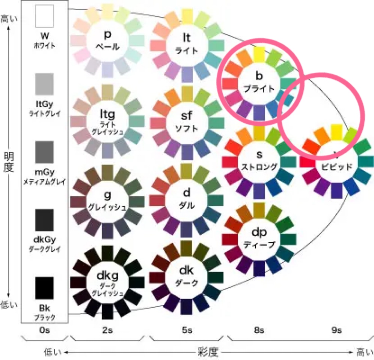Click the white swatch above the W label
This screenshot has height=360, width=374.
pyautogui.click(x=45, y=16)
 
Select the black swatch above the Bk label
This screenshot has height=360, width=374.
pyautogui.click(x=45, y=288)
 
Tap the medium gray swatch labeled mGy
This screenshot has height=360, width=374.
pyautogui.click(x=45, y=153)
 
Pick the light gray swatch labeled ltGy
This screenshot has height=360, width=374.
pyautogui.click(x=45, y=84)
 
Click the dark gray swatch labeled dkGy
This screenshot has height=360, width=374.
pyautogui.click(x=45, y=220)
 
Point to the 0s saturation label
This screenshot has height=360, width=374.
pyautogui.click(x=44, y=330)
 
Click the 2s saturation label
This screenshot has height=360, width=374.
pyautogui.click(x=107, y=330)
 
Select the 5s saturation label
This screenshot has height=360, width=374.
pyautogui.click(x=187, y=330)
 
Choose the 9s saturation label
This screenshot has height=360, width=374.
pyautogui.click(x=336, y=330)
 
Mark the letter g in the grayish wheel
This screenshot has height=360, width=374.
pyautogui.click(x=107, y=195)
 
